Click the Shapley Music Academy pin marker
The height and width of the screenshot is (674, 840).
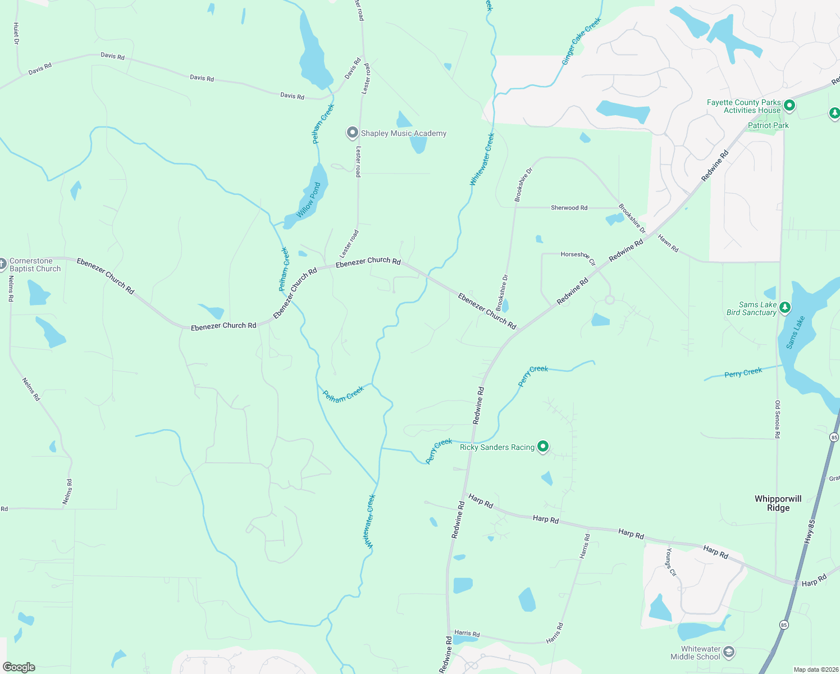coord(352,133)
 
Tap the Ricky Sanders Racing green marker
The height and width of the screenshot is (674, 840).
coord(543,447)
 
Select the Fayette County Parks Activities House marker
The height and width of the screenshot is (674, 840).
coord(789,105)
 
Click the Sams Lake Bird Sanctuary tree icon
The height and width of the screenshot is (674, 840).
coord(785,307)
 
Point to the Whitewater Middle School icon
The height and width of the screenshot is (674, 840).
coord(729,652)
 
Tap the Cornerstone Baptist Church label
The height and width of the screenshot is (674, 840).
coord(35,265)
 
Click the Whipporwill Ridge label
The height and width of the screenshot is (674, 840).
coord(778,503)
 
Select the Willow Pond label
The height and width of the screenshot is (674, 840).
coord(308,201)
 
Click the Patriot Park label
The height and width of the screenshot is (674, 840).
coord(768,125)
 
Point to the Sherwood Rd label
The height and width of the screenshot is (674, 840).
coord(569,208)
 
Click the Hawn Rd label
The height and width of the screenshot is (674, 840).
coord(668,243)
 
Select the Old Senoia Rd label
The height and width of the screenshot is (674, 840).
coord(778,419)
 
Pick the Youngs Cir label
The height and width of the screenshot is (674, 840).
coord(672,562)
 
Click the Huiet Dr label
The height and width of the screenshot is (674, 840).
coord(16,34)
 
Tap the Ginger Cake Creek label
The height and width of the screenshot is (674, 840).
coord(582,40)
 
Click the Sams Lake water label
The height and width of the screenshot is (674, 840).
coord(796,333)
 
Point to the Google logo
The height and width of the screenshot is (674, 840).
coord(19,667)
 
